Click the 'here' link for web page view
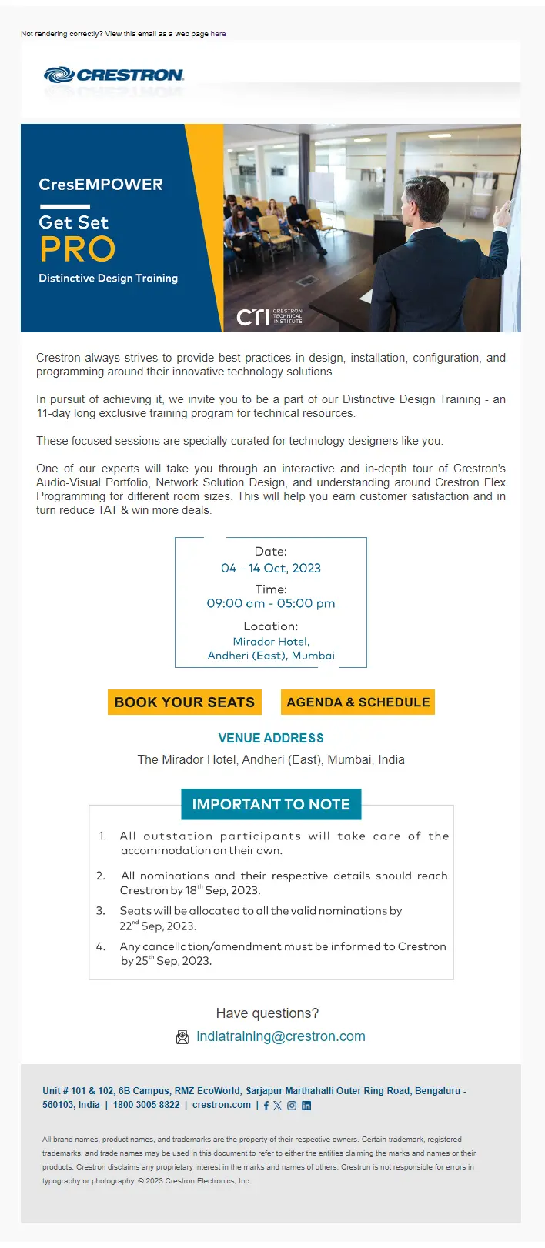[218, 34]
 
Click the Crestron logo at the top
[114, 75]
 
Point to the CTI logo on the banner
[269, 316]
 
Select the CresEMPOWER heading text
[101, 185]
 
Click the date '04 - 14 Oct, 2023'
[271, 569]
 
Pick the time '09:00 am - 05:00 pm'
[271, 604]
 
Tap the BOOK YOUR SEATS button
[185, 702]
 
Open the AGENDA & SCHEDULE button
[358, 702]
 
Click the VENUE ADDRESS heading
[271, 739]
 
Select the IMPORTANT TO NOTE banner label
[271, 805]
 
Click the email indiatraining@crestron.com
[281, 1037]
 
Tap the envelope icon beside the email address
[182, 1037]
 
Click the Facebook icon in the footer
[266, 1106]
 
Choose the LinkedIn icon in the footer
[306, 1106]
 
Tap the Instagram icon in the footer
[292, 1106]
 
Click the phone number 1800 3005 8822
[146, 1105]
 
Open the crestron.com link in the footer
[222, 1105]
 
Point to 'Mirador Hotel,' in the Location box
[271, 642]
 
